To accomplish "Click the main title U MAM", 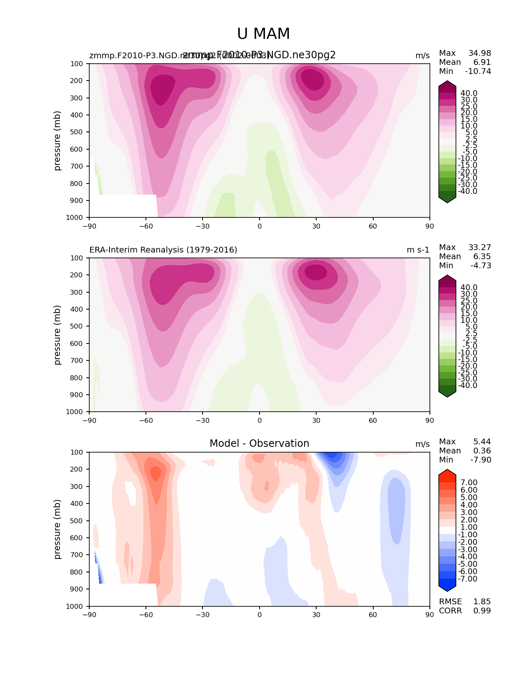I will (263, 34).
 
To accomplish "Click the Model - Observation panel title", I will (259, 444).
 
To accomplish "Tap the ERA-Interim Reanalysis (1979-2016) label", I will (163, 250).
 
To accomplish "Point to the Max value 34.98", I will (479, 53).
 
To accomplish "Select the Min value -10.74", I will (478, 71).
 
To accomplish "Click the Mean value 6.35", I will (482, 256).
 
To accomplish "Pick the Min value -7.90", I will (481, 460).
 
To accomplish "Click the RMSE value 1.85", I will (482, 601).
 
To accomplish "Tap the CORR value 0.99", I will (482, 610).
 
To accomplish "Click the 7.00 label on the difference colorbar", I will (469, 483).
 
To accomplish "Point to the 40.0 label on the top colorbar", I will (469, 93).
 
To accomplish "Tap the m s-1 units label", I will (418, 250).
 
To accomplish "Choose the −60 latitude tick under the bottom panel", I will (146, 615).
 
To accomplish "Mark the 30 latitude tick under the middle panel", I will (316, 420).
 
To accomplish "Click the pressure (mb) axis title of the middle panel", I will (57, 335).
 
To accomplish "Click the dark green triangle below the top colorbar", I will (447, 199).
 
